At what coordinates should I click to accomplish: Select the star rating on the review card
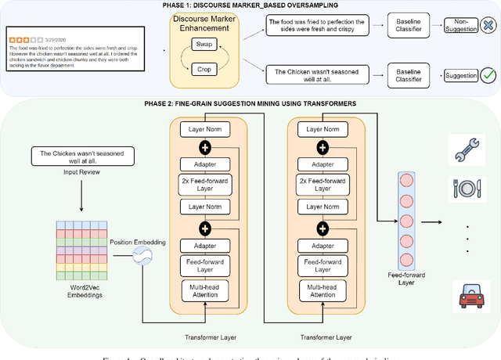(x=20, y=36)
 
